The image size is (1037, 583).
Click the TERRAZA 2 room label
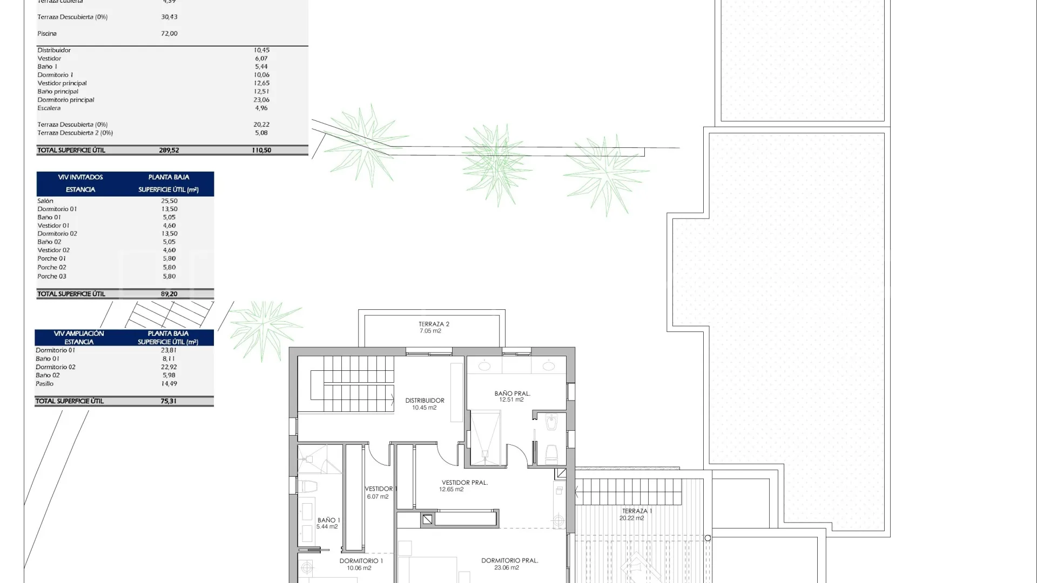click(x=434, y=324)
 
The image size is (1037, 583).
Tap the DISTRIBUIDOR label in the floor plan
click(x=425, y=401)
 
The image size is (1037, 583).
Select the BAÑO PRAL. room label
click(x=513, y=394)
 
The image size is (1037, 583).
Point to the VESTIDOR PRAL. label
click(x=464, y=483)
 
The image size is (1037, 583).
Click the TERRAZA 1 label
click(x=637, y=511)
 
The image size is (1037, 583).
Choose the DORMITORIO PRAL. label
click(x=510, y=560)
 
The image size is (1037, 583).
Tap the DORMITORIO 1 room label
click(x=361, y=561)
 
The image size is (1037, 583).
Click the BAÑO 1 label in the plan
click(x=329, y=520)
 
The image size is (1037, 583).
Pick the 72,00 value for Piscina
click(x=169, y=33)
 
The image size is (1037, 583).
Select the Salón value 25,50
click(x=169, y=201)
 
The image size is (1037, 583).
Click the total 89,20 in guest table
click(x=169, y=294)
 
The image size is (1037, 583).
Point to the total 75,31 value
click(x=169, y=401)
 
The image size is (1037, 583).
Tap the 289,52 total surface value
click(x=169, y=151)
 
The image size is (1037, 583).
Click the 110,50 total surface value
click(x=261, y=151)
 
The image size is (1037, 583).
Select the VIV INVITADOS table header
click(x=80, y=177)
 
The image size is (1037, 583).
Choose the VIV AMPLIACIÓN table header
click(x=79, y=334)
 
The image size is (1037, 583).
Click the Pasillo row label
click(x=45, y=384)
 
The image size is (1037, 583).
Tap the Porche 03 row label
click(x=52, y=276)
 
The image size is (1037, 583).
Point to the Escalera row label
click(x=49, y=108)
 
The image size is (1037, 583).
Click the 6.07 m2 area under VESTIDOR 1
click(x=378, y=497)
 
